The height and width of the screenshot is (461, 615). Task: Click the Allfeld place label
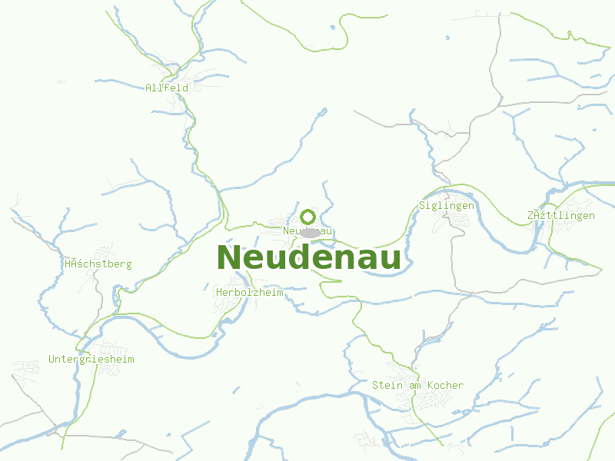[x=167, y=88]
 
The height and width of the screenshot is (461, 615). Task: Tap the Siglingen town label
[x=447, y=205]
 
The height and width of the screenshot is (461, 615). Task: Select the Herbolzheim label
[x=250, y=293]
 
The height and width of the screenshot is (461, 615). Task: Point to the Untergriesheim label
[x=91, y=359]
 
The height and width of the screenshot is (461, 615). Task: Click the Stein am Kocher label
[x=417, y=385]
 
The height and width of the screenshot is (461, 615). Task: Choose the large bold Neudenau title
[x=309, y=258]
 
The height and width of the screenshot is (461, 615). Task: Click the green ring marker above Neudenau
[x=308, y=217]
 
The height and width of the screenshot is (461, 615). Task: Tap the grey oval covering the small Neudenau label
[x=310, y=232]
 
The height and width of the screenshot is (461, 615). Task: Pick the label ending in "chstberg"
[x=98, y=264]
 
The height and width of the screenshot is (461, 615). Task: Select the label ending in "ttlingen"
[x=561, y=215]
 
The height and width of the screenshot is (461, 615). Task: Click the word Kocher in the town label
[x=445, y=385]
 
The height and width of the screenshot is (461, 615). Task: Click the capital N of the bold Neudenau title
[x=230, y=258]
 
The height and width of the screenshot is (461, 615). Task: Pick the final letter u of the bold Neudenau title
[x=390, y=260]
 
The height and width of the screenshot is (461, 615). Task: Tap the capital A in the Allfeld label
[x=148, y=88]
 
